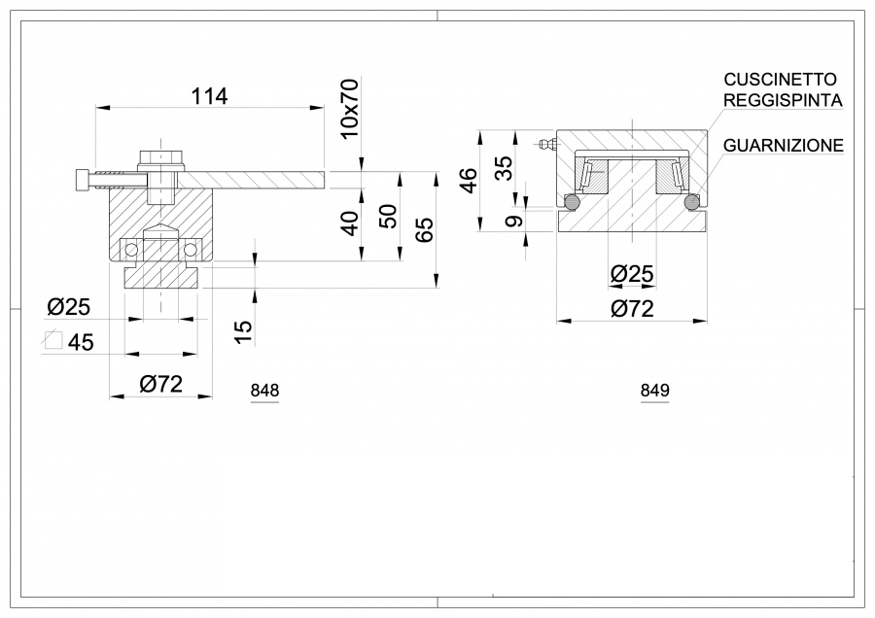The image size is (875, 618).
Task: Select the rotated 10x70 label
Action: click(350, 109)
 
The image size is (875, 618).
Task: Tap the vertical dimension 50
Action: click(387, 217)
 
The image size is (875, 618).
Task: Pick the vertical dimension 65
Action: click(424, 229)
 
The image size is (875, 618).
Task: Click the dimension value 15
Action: click(244, 331)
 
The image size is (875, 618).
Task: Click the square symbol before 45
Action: click(53, 341)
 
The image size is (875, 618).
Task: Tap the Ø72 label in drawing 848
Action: click(160, 384)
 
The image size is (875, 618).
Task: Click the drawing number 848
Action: click(264, 391)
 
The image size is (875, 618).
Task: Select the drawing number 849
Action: click(654, 391)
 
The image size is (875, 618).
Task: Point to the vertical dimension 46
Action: click(468, 180)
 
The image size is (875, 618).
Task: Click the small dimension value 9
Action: click(516, 220)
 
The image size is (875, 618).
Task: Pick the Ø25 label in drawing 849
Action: click(632, 275)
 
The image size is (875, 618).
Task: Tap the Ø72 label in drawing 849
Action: click(632, 309)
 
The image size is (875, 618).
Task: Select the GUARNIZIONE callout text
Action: click(783, 146)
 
